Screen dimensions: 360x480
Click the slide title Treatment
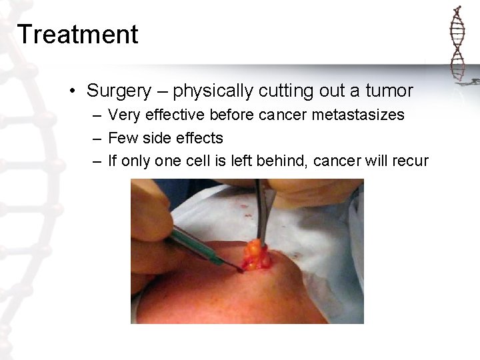click(78, 34)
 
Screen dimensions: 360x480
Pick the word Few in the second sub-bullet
click(121, 138)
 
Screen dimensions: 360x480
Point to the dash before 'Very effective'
click(97, 115)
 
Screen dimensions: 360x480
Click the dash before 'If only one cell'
click(97, 162)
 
